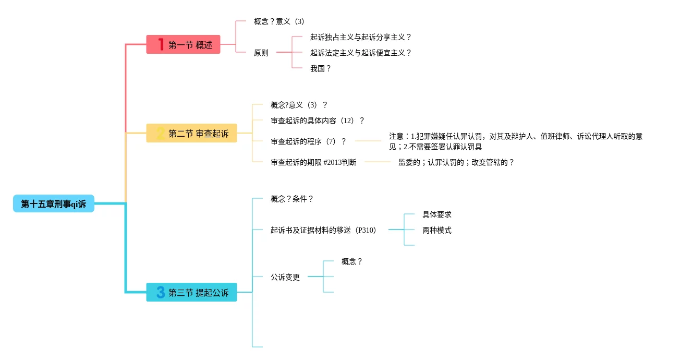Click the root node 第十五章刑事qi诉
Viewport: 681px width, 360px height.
pos(54,203)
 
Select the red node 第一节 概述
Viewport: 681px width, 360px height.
pos(184,45)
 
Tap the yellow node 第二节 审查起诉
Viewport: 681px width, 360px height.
pos(192,134)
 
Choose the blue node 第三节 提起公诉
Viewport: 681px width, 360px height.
pos(192,293)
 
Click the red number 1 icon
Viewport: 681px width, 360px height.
pos(161,45)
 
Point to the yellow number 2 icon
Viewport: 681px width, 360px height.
pos(161,134)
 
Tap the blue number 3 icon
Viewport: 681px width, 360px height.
pos(161,293)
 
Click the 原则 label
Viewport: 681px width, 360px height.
pos(261,53)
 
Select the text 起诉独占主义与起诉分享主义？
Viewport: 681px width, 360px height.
pos(361,37)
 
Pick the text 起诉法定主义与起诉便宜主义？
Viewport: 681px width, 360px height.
pos(361,53)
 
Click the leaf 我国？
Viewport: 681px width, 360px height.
pos(321,68)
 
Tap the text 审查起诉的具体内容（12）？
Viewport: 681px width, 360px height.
pos(318,121)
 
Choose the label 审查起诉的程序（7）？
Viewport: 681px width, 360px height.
pos(309,141)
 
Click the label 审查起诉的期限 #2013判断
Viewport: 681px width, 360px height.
pos(313,162)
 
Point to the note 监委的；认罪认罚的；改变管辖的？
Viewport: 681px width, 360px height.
pos(456,162)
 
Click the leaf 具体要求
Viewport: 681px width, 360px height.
pos(437,214)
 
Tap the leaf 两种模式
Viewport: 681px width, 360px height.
pos(437,230)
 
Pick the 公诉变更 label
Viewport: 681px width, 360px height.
pos(285,277)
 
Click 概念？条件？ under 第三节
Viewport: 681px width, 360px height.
pos(292,199)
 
